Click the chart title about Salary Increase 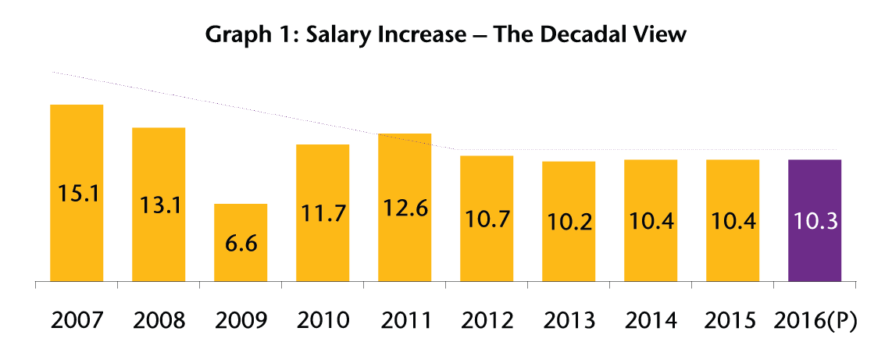point(445,35)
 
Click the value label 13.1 point(159,205)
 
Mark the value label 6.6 point(241,243)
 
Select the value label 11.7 point(323,213)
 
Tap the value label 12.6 point(405,209)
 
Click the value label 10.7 point(487,219)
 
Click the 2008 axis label point(159,321)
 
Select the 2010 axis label point(323,321)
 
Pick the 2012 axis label point(487,321)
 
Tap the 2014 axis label point(651,321)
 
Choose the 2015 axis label point(733,321)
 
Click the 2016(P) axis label point(815,321)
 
